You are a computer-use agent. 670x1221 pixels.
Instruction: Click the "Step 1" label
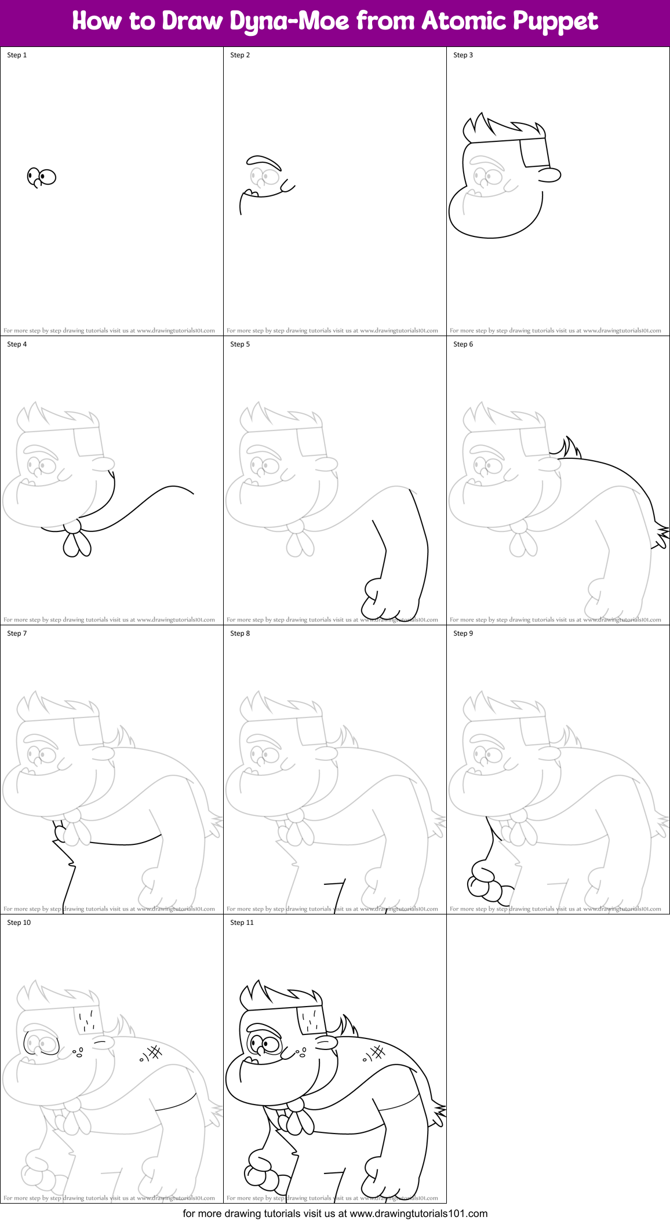pyautogui.click(x=17, y=55)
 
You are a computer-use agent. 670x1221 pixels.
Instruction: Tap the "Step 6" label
pyautogui.click(x=463, y=344)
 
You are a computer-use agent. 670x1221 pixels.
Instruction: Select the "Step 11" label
pyautogui.click(x=242, y=923)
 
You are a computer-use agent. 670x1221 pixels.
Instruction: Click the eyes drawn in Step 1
pyautogui.click(x=42, y=177)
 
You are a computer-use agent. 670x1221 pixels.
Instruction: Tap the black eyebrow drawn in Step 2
pyautogui.click(x=264, y=161)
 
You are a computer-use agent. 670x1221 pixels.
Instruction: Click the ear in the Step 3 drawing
pyautogui.click(x=549, y=174)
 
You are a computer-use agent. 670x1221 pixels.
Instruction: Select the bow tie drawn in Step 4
pyautogui.click(x=75, y=538)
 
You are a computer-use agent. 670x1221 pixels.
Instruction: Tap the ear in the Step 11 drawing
pyautogui.click(x=326, y=1043)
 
